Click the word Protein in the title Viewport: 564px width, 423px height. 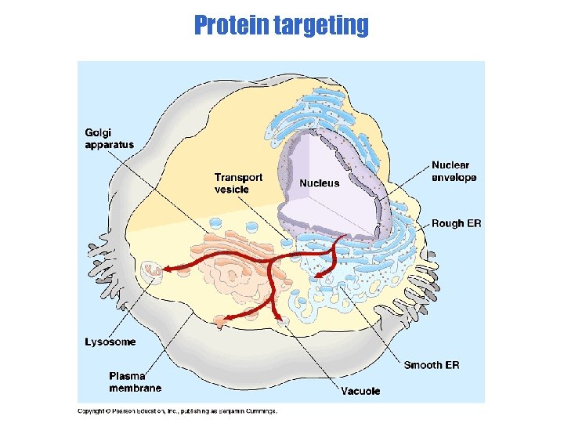(233, 25)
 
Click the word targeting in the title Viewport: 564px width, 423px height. (322, 25)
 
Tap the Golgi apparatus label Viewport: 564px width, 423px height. (109, 139)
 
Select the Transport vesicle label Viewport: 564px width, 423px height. (238, 183)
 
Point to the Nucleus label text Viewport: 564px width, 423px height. (320, 183)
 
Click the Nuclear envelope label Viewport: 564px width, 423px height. (454, 171)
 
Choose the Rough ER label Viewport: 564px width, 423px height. (456, 223)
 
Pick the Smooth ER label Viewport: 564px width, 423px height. (432, 365)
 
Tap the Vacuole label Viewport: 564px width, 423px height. (360, 390)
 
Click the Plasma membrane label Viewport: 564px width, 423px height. (135, 381)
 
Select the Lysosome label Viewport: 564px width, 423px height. (110, 342)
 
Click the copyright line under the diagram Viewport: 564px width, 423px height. (176, 410)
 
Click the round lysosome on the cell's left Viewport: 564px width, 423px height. (150, 272)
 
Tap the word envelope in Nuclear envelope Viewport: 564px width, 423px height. (454, 177)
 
